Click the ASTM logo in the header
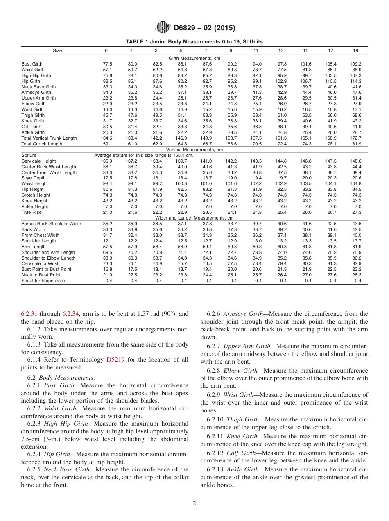coord(163,28)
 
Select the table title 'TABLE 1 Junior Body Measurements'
coord(194,42)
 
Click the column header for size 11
coord(256,50)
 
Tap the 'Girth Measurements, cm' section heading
coord(194,58)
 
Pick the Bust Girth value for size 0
coord(107,64)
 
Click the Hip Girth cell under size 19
coord(356,82)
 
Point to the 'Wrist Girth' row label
coord(32,110)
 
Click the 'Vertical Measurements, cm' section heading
coord(194,150)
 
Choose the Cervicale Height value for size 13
coord(281,161)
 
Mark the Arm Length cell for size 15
coord(306,247)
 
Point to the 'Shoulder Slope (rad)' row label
coord(43,281)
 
